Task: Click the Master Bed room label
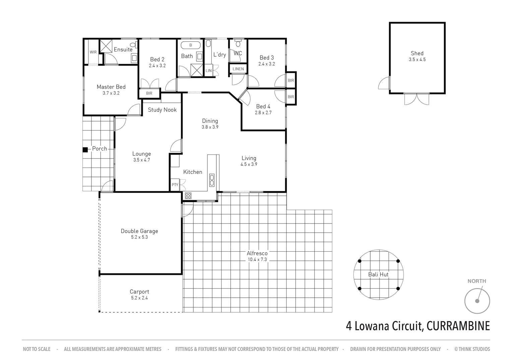pyautogui.click(x=111, y=87)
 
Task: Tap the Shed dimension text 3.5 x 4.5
pyautogui.click(x=417, y=60)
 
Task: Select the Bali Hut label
pyautogui.click(x=378, y=275)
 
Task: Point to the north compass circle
pyautogui.click(x=477, y=301)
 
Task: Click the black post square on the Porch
pyautogui.click(x=85, y=150)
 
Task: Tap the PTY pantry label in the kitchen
pyautogui.click(x=175, y=185)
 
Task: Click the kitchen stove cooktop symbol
pyautogui.click(x=188, y=196)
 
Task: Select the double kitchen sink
pyautogui.click(x=212, y=180)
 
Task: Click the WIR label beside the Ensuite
pyautogui.click(x=93, y=52)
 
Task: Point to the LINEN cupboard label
pyautogui.click(x=238, y=69)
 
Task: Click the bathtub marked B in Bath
pyautogui.click(x=191, y=45)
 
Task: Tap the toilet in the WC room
pyautogui.click(x=238, y=43)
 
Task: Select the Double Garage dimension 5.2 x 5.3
pyautogui.click(x=139, y=237)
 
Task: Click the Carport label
pyautogui.click(x=139, y=292)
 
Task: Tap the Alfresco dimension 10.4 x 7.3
pyautogui.click(x=257, y=259)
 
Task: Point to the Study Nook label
pyautogui.click(x=162, y=110)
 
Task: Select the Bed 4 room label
pyautogui.click(x=263, y=107)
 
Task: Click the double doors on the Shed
pyautogui.click(x=417, y=99)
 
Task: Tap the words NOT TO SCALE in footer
pyautogui.click(x=37, y=349)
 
